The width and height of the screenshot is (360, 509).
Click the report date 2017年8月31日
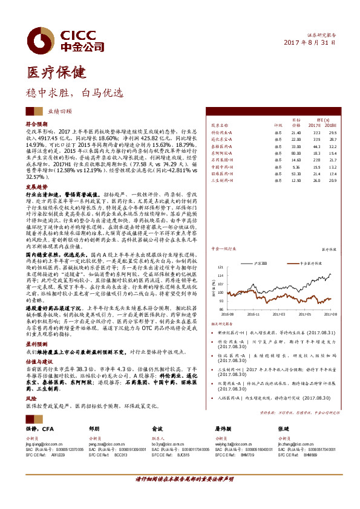coord(310,42)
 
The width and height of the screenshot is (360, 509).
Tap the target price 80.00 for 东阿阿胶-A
coord(296,154)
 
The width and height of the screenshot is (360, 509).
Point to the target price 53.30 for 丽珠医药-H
coord(296,173)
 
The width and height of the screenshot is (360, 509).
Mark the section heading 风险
coord(30,398)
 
